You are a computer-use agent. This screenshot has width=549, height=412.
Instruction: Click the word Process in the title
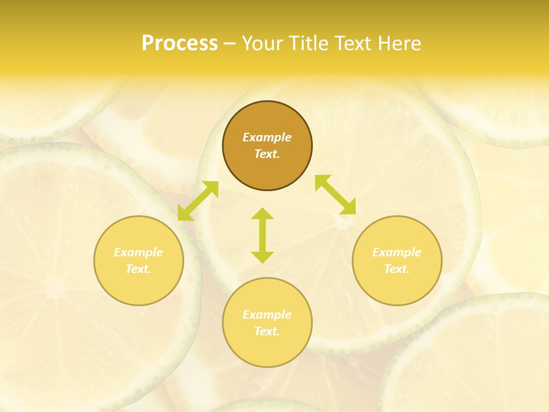180,43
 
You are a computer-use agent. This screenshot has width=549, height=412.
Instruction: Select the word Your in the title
263,43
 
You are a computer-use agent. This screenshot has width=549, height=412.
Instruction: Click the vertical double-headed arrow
262,235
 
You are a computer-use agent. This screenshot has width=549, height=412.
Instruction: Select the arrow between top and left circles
198,201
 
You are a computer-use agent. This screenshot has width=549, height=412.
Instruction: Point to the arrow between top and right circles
335,195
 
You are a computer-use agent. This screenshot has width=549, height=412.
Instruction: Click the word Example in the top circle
267,137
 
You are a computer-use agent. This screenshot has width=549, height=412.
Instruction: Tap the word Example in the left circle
138,252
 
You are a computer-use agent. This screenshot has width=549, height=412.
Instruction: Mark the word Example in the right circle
397,252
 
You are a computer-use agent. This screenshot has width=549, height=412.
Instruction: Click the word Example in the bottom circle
267,315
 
